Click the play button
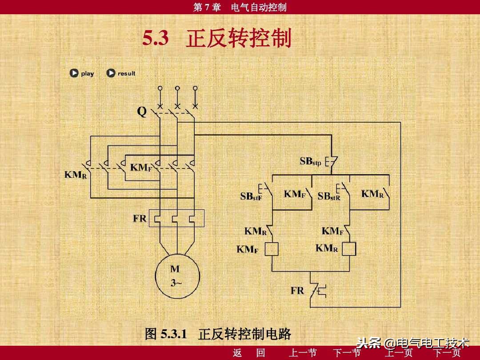tap(82, 73)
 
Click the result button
tap(121, 73)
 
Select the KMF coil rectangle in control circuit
tap(271, 249)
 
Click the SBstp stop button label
tap(310, 162)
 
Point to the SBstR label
tap(329, 196)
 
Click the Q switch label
tap(141, 112)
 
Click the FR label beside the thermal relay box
tap(140, 219)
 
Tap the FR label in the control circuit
tap(297, 291)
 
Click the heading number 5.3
tap(156, 39)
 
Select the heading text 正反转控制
tap(239, 39)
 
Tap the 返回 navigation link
tap(249, 353)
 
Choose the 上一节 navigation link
tap(303, 353)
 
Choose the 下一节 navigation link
tap(347, 353)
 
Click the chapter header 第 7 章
tap(207, 7)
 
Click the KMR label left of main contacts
tap(76, 175)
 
